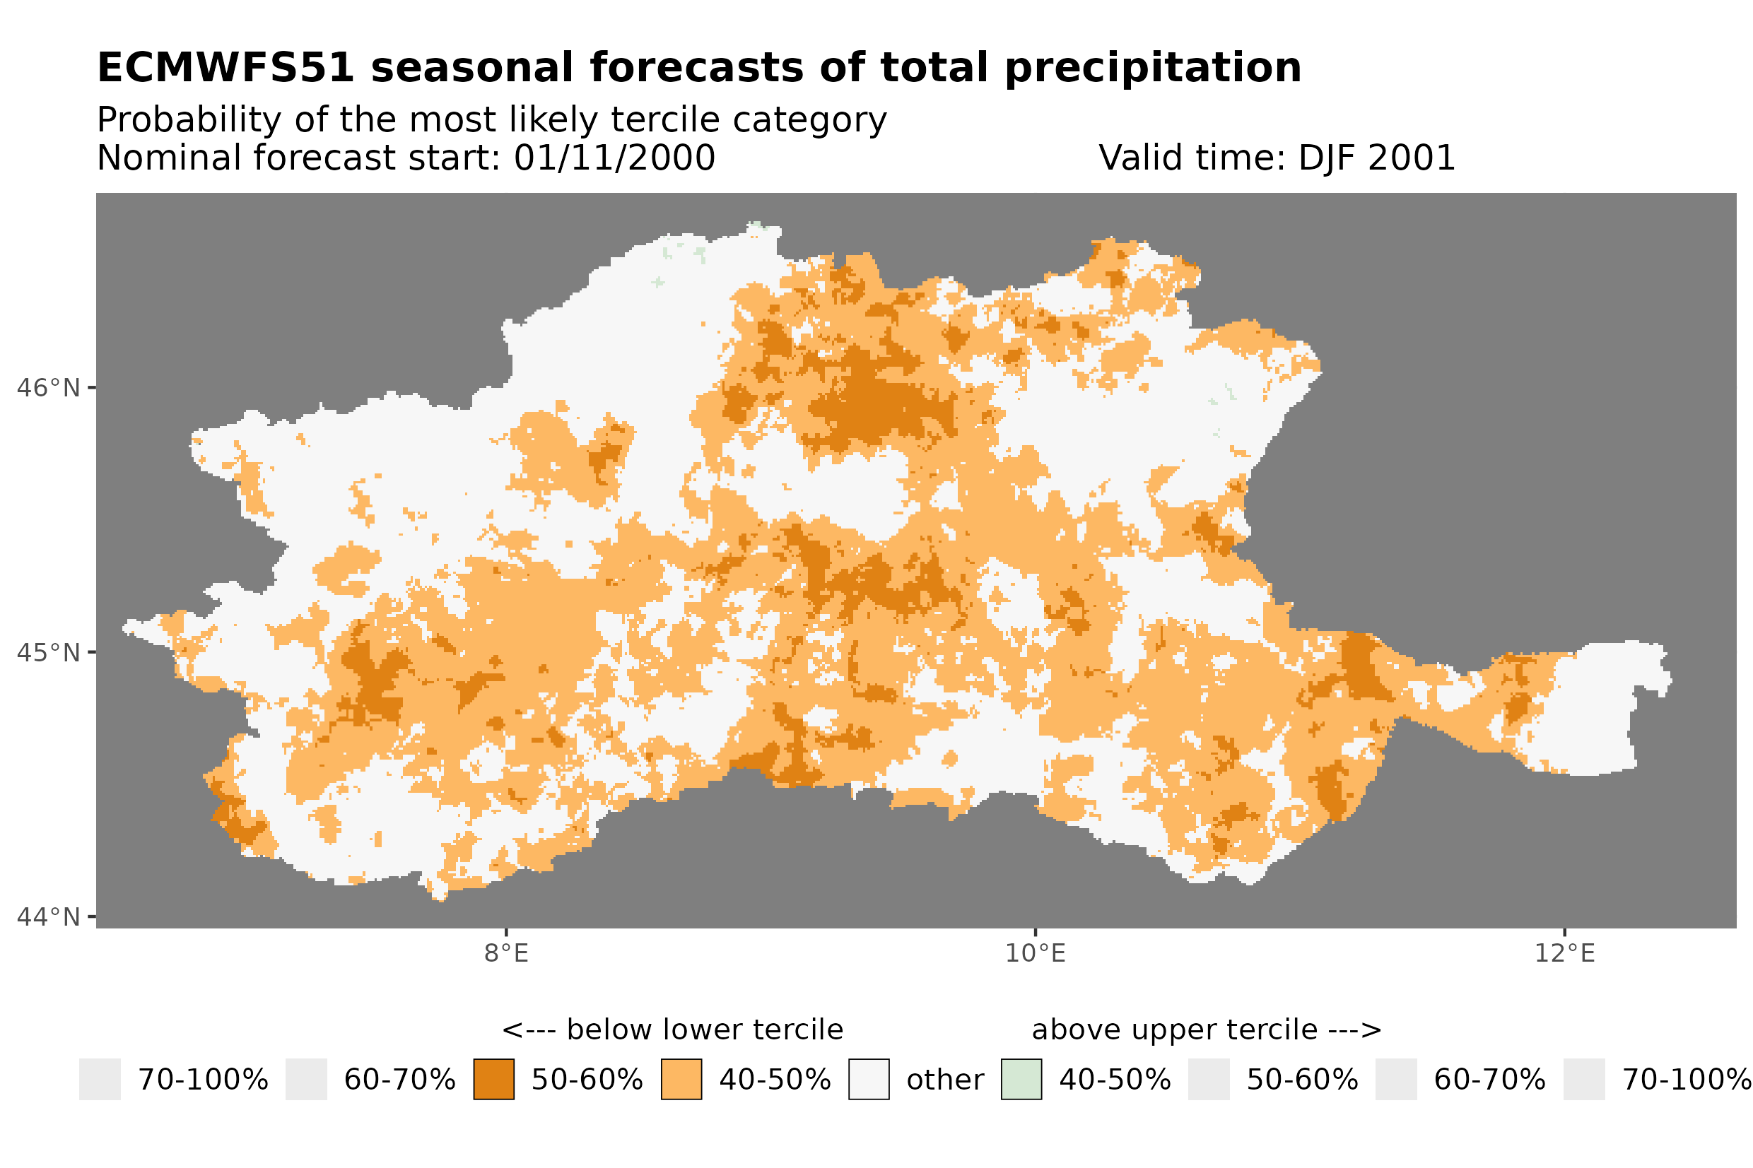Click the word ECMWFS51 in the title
click(225, 68)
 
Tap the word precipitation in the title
click(1151, 68)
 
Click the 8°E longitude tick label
click(506, 953)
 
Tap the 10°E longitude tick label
click(1035, 953)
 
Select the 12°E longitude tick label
click(1564, 953)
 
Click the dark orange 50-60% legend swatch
click(493, 1080)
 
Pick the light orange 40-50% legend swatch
click(681, 1080)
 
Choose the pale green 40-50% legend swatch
click(1021, 1080)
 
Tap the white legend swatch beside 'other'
click(868, 1080)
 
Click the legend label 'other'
click(944, 1080)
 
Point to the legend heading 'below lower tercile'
click(704, 1030)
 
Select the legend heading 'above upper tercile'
click(1174, 1030)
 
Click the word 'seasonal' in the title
click(473, 68)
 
